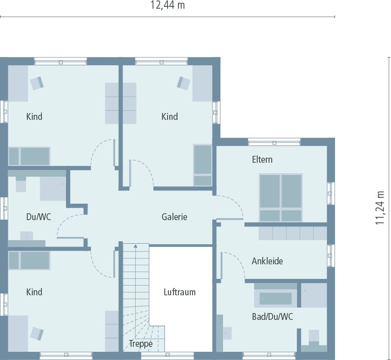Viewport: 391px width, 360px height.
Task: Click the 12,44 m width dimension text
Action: point(168,5)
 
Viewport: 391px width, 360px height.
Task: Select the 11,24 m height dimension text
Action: point(380,207)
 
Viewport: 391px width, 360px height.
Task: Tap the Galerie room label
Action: point(174,217)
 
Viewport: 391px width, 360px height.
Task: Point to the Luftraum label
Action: point(179,292)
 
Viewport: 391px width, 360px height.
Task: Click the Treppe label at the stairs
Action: point(141,344)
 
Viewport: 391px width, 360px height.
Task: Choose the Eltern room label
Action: point(262,159)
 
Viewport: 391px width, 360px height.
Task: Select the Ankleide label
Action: point(267,261)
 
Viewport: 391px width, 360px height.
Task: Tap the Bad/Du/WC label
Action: point(272,317)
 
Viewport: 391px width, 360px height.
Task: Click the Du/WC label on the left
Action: point(38,217)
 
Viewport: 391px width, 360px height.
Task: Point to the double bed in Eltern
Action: point(280,197)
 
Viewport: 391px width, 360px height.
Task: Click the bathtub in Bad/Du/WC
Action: point(275,298)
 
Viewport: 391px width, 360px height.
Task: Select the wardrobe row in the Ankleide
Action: point(293,233)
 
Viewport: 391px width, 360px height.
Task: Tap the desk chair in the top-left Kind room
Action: point(37,82)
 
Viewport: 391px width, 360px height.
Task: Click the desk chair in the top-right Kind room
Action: point(183,83)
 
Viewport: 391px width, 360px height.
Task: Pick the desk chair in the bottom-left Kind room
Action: point(37,334)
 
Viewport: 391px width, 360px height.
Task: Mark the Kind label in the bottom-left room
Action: point(34,292)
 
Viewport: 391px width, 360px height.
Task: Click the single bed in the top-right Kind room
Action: point(203,165)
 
